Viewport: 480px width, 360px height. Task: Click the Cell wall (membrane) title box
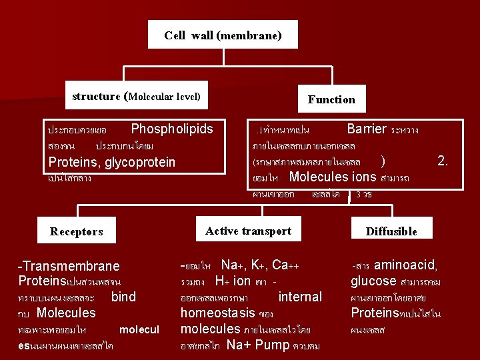coord(223,35)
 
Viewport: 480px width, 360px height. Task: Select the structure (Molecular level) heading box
coord(136,97)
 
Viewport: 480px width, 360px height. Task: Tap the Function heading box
coord(331,99)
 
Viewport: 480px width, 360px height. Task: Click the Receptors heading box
coord(77,231)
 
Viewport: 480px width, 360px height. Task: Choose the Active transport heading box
coord(248,231)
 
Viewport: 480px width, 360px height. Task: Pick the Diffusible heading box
coord(391,231)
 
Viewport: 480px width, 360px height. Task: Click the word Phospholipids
coord(172,129)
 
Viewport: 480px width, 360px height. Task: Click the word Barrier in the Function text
coord(367,129)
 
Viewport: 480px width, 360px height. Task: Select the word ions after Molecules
coord(363,177)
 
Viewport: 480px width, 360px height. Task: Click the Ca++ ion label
coord(285,265)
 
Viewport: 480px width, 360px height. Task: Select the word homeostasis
coord(218,313)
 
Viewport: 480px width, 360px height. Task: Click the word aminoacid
coord(410,265)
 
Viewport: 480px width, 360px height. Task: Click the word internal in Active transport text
coord(300,297)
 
